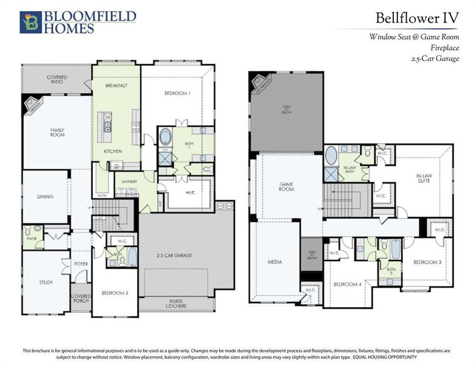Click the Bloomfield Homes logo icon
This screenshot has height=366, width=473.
[x=29, y=22]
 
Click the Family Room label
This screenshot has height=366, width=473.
[x=57, y=132]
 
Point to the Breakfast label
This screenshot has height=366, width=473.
[x=116, y=86]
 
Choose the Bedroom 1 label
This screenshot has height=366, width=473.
[x=177, y=93]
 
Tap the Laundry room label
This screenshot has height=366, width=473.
[x=129, y=181]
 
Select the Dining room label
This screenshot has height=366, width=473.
[x=44, y=197]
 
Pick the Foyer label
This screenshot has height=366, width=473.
[x=81, y=264]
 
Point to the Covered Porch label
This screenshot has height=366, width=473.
[x=81, y=300]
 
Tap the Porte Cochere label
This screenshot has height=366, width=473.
[x=186, y=304]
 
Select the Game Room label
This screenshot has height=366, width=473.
[x=287, y=187]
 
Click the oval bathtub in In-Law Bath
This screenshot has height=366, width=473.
[x=331, y=156]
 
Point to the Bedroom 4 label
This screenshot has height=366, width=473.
[x=347, y=285]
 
